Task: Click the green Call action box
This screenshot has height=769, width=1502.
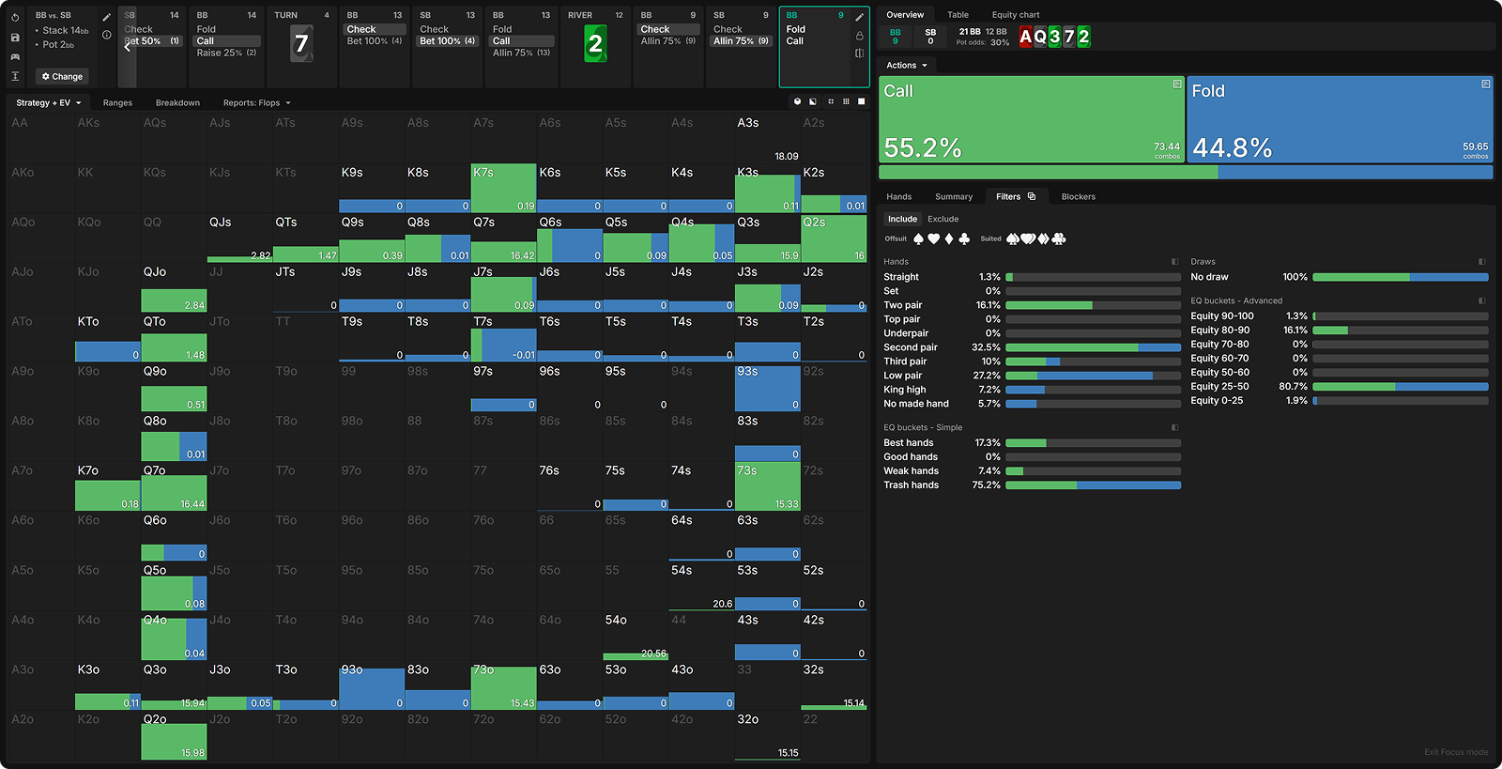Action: click(1031, 120)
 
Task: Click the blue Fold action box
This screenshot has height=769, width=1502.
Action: click(1340, 120)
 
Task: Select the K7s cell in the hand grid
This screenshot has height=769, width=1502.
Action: click(503, 188)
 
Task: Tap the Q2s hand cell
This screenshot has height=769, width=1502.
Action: click(834, 238)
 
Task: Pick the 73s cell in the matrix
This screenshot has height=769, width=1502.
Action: click(767, 486)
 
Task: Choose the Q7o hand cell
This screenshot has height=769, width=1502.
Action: click(174, 486)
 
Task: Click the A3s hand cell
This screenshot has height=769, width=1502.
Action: click(767, 139)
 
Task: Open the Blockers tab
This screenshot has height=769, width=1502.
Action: click(1078, 197)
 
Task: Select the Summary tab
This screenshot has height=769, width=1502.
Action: click(953, 197)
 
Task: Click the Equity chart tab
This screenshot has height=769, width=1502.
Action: click(1015, 15)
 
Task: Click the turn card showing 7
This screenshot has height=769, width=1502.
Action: click(301, 44)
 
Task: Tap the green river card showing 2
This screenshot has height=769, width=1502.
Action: click(595, 44)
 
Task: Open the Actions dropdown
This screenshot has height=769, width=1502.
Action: click(906, 66)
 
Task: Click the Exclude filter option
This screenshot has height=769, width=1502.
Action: click(943, 219)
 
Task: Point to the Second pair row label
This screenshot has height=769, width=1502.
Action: click(910, 347)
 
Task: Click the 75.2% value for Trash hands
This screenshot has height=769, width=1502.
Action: click(986, 485)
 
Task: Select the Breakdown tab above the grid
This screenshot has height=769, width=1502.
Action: click(177, 103)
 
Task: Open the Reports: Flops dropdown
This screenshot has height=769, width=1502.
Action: click(256, 103)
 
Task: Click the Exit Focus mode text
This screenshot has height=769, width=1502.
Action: click(1455, 752)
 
